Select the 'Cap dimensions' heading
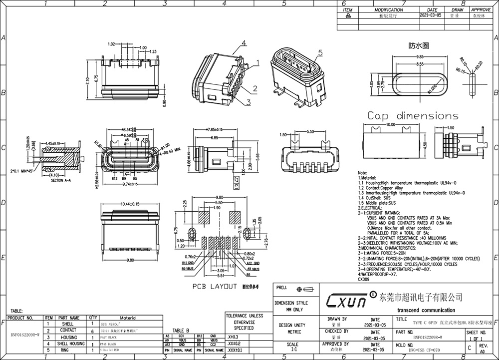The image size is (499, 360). [413, 116]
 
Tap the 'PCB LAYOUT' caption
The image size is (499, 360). [214, 287]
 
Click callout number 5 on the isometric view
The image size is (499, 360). [320, 52]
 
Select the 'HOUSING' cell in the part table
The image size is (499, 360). [68, 338]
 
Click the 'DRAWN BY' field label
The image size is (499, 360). [338, 318]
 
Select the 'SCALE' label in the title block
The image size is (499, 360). [293, 345]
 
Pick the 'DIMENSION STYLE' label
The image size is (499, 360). [291, 303]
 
